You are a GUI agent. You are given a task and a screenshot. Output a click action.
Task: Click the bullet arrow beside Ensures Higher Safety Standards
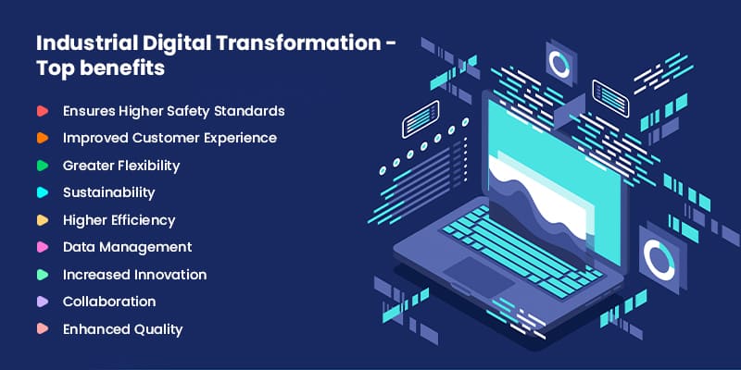43,111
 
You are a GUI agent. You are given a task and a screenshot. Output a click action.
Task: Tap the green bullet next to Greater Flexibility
43,166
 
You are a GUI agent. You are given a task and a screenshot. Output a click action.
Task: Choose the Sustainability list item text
108,192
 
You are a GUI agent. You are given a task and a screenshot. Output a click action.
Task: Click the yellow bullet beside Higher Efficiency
43,220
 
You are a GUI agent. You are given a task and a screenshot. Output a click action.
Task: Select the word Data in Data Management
78,247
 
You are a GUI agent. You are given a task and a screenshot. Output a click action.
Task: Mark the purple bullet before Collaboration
43,302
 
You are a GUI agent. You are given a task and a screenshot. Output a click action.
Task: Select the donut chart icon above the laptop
559,64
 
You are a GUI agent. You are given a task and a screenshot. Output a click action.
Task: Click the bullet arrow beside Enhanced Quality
43,329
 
